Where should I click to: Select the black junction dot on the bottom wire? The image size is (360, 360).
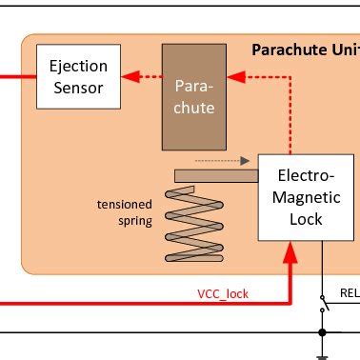[x=324, y=332]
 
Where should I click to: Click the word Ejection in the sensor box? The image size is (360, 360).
[x=79, y=68]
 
